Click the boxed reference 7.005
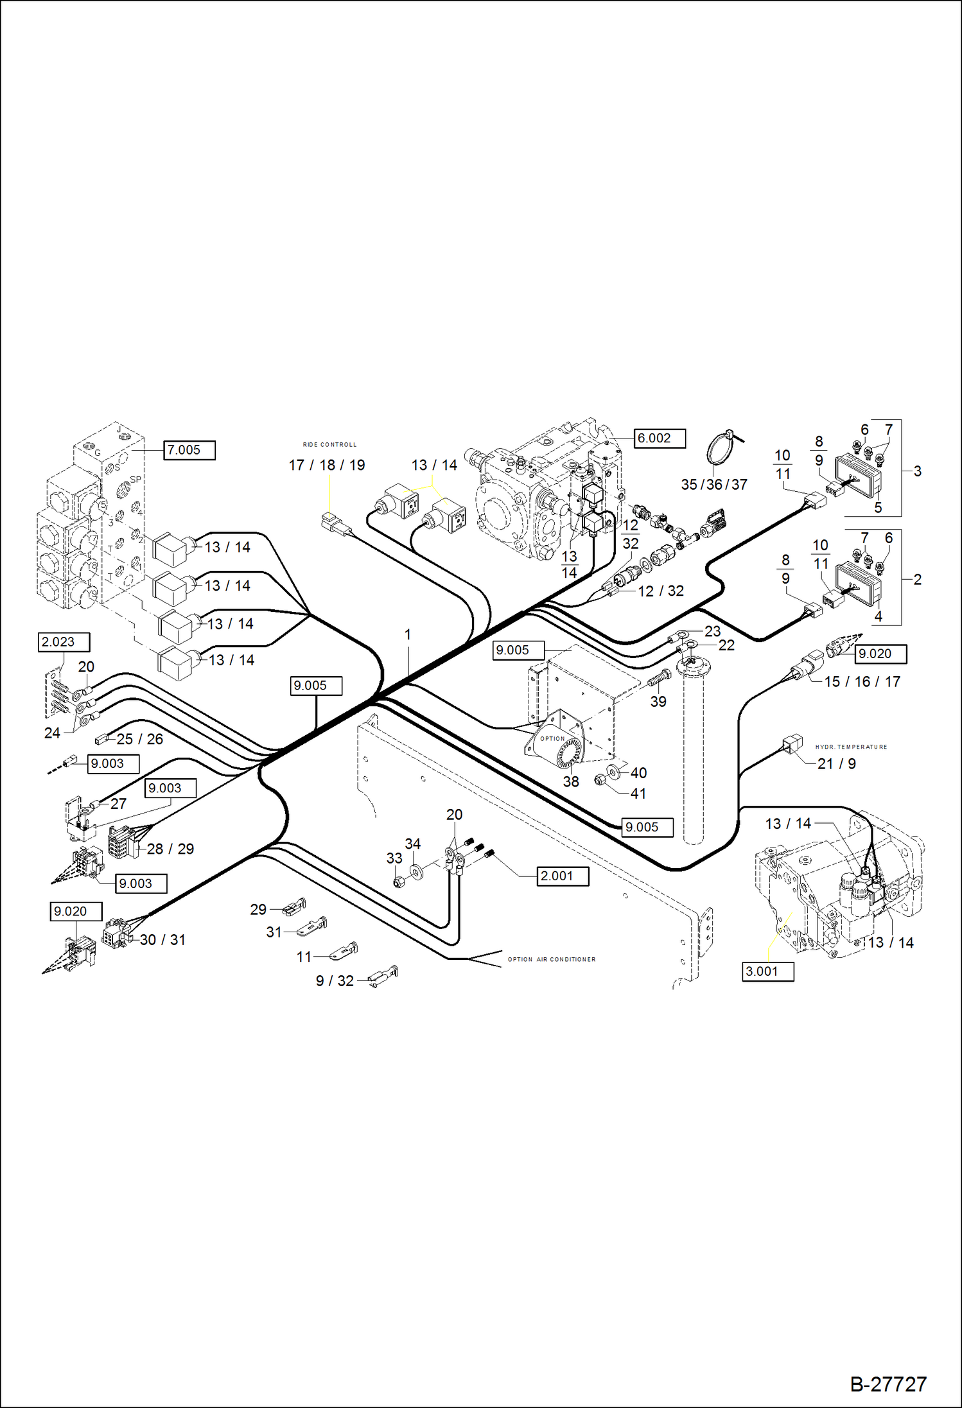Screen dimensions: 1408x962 [189, 450]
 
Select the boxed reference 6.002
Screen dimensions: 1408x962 [659, 439]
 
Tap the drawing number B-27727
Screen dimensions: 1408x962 [888, 1384]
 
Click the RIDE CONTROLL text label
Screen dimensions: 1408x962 [329, 444]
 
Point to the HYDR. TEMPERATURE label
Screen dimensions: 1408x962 [851, 747]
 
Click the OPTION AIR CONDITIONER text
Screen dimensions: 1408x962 [552, 959]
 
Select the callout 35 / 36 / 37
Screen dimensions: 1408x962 [714, 485]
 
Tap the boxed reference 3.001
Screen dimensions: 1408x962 [767, 971]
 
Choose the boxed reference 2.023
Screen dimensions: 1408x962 [64, 642]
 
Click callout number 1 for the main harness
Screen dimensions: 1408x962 [407, 634]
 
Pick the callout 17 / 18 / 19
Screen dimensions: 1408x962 [327, 465]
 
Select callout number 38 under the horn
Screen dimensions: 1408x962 [571, 781]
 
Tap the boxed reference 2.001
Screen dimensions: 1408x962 [562, 876]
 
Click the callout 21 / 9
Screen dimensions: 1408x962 [836, 764]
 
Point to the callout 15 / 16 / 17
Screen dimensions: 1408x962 [862, 682]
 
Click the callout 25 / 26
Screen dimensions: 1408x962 [139, 739]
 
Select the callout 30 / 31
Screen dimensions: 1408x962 [162, 940]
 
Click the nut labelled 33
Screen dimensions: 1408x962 [398, 882]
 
